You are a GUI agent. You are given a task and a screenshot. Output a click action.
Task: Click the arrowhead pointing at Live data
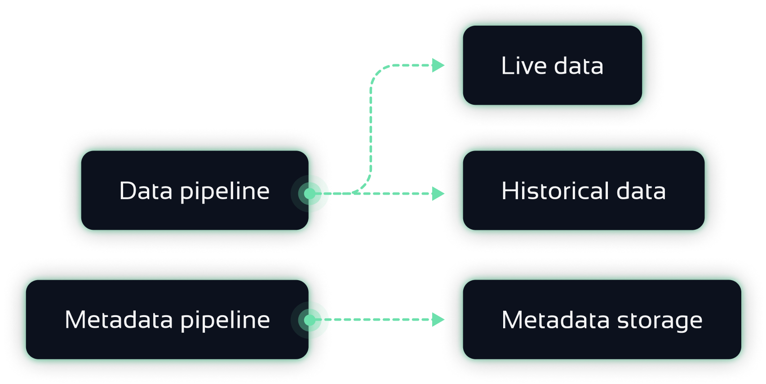point(438,65)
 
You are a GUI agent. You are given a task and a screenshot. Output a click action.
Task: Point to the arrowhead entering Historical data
point(438,194)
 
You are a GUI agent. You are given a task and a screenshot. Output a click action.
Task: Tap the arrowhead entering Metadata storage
point(438,320)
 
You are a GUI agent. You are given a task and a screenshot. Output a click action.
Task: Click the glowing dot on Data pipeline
point(310,194)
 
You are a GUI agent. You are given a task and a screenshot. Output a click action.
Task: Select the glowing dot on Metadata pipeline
point(310,320)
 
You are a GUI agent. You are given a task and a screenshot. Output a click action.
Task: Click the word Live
point(524,66)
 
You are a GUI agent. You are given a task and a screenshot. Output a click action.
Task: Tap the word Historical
point(554,191)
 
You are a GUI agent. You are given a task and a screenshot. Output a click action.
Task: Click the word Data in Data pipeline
point(146,191)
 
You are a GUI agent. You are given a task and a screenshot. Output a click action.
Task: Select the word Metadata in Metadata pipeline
point(119,320)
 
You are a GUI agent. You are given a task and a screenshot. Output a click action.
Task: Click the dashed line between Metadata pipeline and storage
point(382,320)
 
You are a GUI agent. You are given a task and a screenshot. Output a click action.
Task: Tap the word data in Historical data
point(641,191)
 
